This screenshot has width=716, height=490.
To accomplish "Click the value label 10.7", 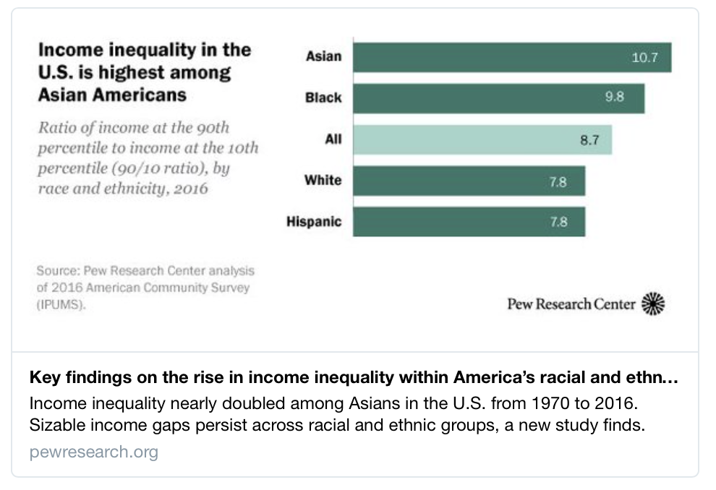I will tap(644, 57).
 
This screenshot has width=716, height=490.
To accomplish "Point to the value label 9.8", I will tap(615, 98).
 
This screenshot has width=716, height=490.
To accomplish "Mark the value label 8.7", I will tap(590, 139).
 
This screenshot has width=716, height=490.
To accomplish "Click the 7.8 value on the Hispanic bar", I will tap(558, 222).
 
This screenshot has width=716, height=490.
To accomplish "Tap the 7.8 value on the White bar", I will tap(558, 181).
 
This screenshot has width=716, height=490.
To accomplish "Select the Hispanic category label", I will tap(314, 222).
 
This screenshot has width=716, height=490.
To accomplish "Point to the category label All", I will tap(333, 139).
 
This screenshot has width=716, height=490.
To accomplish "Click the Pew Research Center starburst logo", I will tap(653, 304).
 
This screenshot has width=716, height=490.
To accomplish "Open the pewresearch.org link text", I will tap(94, 452).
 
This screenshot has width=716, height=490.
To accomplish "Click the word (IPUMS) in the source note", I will tap(61, 305).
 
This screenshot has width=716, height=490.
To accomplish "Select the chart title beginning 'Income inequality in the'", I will tap(145, 72).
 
